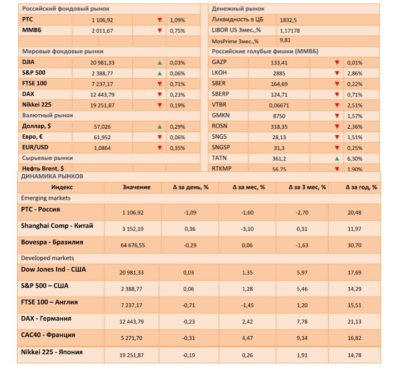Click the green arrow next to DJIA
[160, 63]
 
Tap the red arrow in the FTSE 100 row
[160, 84]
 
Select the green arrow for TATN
[336, 158]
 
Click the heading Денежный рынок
[238, 9]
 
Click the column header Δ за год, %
[361, 187]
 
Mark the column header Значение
[136, 187]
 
